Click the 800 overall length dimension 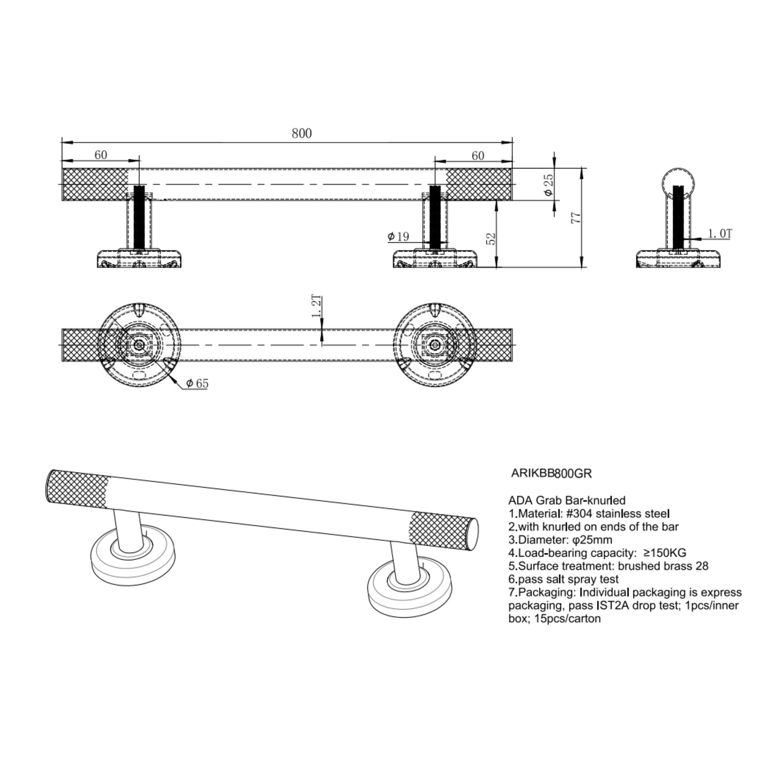[x=301, y=133]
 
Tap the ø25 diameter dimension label [x=548, y=185]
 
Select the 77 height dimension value [x=575, y=218]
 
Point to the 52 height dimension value [x=491, y=238]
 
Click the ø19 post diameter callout [x=398, y=236]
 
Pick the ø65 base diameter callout [x=197, y=384]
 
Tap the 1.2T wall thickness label [x=317, y=306]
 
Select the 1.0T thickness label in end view [x=720, y=233]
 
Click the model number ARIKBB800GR [x=551, y=474]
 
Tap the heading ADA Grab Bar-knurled [x=567, y=501]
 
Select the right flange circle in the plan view [x=434, y=345]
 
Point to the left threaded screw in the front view [x=139, y=218]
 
